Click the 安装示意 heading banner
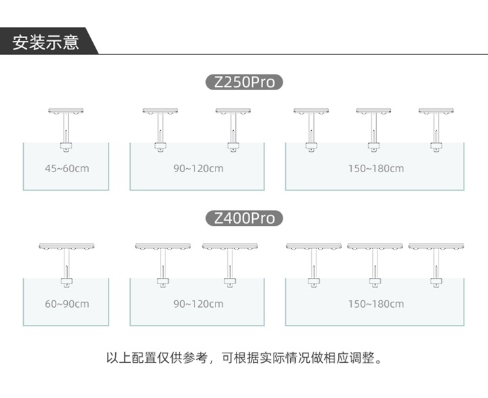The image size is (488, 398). (47, 41)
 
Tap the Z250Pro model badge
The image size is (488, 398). (244, 82)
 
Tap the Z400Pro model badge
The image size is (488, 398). (244, 218)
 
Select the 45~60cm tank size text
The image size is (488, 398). (67, 168)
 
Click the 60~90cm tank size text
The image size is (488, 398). (67, 304)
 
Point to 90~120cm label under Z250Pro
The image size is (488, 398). (199, 168)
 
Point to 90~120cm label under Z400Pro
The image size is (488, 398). (199, 304)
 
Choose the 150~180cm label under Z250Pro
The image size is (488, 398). (376, 168)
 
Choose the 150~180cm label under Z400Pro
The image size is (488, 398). (376, 304)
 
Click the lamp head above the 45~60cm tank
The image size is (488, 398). (66, 111)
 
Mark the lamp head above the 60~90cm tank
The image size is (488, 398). (66, 246)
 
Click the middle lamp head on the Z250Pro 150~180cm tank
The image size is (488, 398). (373, 111)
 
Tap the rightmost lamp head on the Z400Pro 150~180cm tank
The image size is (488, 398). (436, 246)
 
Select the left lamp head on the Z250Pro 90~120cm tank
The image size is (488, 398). (160, 111)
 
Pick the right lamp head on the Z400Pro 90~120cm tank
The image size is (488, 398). (230, 246)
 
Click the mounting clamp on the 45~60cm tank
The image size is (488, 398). (66, 147)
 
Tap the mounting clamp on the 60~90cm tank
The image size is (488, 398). (66, 283)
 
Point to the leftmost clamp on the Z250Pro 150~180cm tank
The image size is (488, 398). (311, 147)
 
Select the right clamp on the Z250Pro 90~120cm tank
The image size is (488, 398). (233, 147)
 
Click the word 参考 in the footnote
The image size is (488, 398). (195, 358)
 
